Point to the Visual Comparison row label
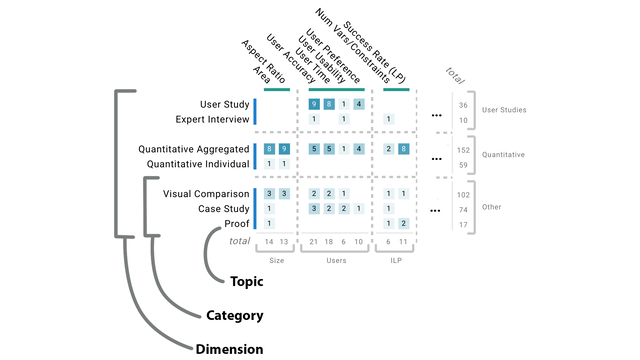(x=208, y=193)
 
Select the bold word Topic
(x=248, y=282)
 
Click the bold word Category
(x=234, y=316)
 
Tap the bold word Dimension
(x=229, y=349)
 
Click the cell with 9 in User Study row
(x=314, y=104)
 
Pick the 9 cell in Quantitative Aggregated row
(x=285, y=149)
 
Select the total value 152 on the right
(x=463, y=149)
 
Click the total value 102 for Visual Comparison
(x=463, y=194)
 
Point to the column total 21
(x=314, y=241)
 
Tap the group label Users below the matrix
(x=336, y=259)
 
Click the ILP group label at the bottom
(x=395, y=259)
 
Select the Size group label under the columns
(x=277, y=259)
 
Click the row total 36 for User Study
(x=463, y=104)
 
